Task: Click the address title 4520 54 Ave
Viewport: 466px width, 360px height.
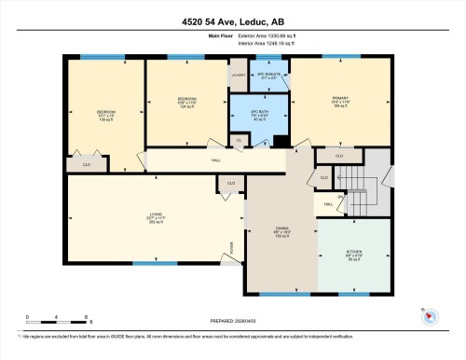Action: (232, 21)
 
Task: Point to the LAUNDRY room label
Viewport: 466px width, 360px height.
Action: (240, 74)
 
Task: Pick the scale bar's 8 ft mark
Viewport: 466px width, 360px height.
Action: (60, 320)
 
